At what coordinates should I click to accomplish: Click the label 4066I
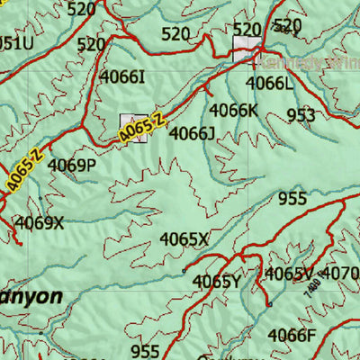coord(122,77)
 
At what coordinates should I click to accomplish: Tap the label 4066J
coord(192,134)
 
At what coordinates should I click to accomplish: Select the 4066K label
coord(233,110)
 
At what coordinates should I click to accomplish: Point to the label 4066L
coord(269,83)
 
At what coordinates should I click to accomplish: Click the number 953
coord(301,115)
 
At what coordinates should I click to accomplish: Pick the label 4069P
coord(71,166)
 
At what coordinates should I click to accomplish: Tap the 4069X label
coord(40,222)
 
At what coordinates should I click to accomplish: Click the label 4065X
coord(184,239)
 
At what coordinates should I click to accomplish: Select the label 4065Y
coord(216,282)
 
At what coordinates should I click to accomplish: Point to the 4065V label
coord(289,274)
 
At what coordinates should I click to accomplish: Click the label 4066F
coord(292,336)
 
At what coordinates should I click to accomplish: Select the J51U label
coord(15,42)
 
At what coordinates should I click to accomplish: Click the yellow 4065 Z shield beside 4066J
coord(142,127)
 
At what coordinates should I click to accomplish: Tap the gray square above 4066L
coord(246,49)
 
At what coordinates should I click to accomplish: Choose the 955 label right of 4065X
coord(292,199)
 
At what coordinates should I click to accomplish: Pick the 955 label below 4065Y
coord(145,351)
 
